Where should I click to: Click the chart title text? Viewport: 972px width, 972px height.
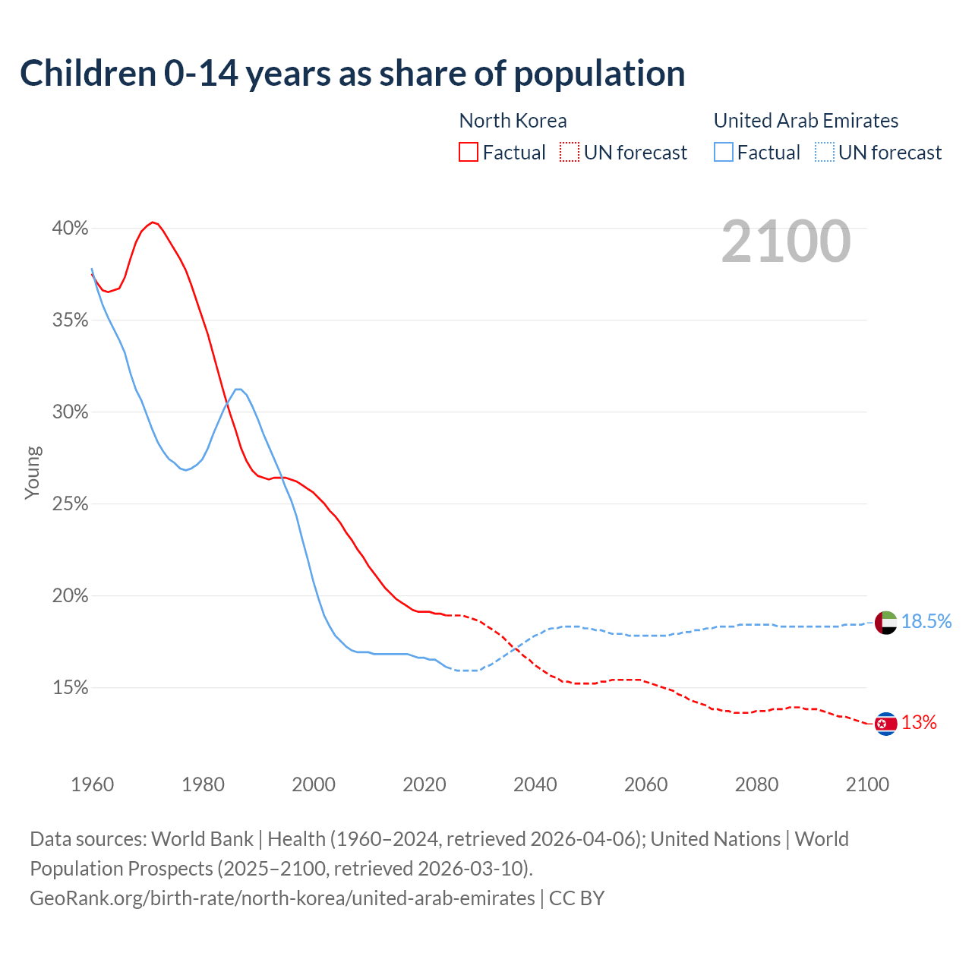352,74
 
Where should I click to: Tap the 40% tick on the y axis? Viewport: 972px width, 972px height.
70,229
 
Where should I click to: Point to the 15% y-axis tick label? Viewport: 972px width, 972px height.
70,688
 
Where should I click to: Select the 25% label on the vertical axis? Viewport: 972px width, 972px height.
70,504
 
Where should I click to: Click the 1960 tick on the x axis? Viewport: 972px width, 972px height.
92,784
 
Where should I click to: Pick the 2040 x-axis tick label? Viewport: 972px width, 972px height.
535,784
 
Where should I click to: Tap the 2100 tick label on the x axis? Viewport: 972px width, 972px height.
866,784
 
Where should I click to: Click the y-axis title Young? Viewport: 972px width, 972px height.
32,472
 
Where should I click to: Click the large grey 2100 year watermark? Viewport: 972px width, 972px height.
786,241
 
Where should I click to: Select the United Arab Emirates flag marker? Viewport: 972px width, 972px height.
885,622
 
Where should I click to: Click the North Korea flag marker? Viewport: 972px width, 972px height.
885,724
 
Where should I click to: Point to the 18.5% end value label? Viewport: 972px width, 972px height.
926,622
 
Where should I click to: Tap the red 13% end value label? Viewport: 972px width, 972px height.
919,723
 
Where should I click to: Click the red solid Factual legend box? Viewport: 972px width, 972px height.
469,153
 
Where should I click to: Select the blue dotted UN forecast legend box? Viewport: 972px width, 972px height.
824,153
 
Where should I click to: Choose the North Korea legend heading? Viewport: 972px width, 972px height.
513,121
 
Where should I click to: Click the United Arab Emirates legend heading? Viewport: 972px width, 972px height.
806,121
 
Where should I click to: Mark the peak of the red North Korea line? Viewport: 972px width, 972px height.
153,222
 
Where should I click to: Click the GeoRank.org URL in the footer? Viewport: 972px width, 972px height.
282,898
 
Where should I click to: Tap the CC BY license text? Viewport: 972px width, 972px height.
576,898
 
